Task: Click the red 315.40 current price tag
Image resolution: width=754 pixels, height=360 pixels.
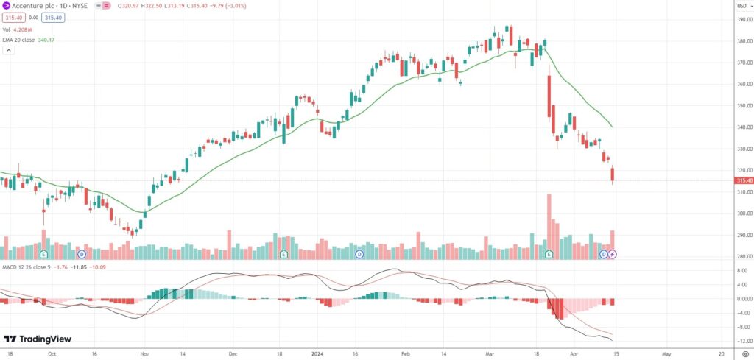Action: click(x=744, y=180)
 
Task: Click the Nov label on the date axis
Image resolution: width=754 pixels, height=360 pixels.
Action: click(x=144, y=353)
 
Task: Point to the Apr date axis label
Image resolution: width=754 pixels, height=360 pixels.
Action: click(x=576, y=353)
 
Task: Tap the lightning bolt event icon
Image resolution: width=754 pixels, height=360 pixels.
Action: click(x=613, y=254)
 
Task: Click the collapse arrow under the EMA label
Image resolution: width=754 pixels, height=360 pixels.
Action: click(x=10, y=51)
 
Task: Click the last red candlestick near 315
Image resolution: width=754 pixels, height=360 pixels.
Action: click(x=613, y=174)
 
